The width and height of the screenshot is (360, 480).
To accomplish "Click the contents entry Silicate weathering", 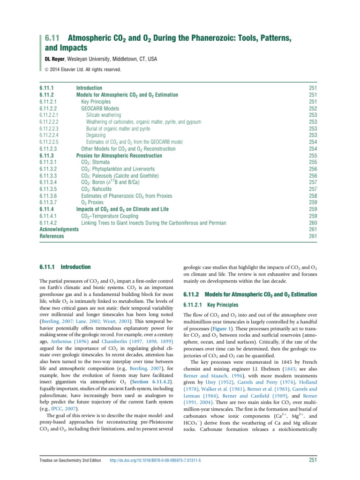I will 104,115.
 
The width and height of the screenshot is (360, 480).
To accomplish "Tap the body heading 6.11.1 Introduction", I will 65,267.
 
